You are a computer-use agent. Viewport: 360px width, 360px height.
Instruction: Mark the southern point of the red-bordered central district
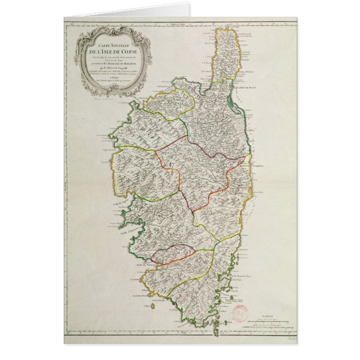[192, 213]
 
